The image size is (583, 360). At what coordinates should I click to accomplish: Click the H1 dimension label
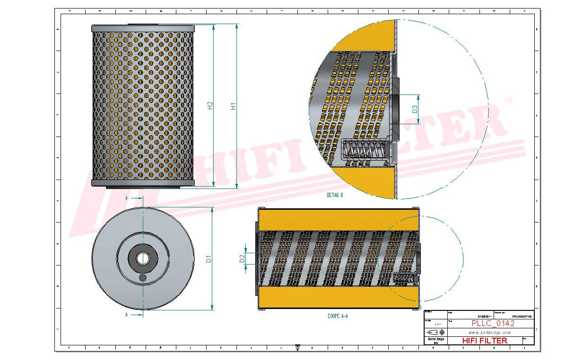click(233, 107)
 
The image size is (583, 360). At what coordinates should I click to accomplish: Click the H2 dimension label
click(210, 107)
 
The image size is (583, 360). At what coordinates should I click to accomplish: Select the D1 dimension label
click(208, 259)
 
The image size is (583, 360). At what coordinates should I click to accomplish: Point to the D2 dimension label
click(242, 258)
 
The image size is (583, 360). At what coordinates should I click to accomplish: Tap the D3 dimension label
click(415, 109)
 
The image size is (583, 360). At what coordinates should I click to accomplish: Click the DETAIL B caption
click(335, 195)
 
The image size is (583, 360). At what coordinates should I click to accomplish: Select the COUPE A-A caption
click(338, 316)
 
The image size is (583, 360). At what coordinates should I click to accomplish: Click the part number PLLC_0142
click(493, 324)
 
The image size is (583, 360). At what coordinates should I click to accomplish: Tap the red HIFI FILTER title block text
click(484, 341)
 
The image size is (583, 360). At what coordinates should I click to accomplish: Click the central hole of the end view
click(142, 258)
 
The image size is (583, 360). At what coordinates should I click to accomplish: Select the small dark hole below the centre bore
click(143, 278)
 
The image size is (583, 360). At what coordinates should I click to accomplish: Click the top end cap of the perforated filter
click(143, 28)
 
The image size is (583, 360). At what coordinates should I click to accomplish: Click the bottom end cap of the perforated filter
click(143, 183)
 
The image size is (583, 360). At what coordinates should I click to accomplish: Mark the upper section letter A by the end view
click(127, 198)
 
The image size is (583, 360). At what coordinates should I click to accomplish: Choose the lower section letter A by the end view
click(127, 314)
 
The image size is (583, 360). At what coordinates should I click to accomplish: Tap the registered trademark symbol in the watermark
click(509, 102)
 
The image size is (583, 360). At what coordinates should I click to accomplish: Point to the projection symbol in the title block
click(435, 333)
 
